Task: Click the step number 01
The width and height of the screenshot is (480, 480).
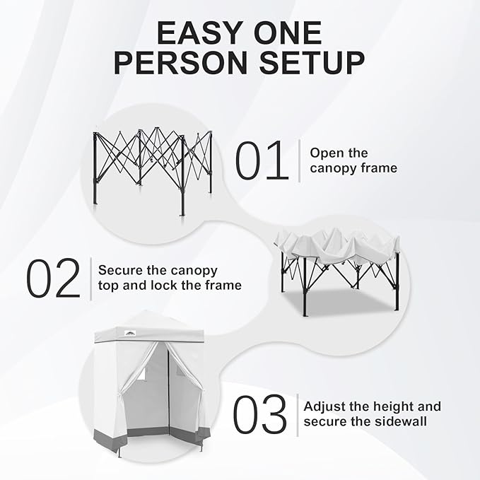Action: [x=262, y=160]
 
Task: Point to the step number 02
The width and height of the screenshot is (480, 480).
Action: [x=54, y=278]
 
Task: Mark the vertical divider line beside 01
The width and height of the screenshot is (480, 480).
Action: [x=300, y=160]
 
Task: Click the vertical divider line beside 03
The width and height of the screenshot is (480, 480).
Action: [x=297, y=414]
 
